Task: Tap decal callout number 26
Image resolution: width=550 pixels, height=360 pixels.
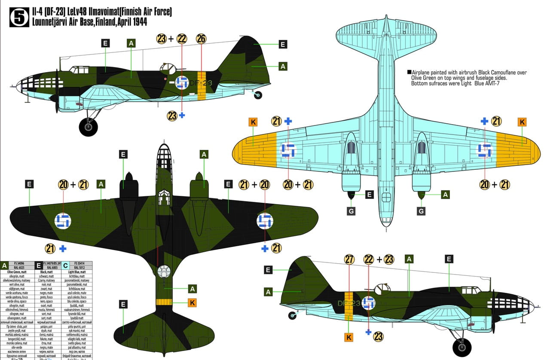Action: coord(201,39)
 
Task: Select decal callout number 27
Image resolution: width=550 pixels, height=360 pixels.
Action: coord(349,259)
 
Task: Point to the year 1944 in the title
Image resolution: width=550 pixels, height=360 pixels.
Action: coord(137,22)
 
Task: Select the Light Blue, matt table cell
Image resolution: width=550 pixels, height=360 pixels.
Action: coord(80,272)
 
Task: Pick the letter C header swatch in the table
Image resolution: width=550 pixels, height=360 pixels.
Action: coord(65,265)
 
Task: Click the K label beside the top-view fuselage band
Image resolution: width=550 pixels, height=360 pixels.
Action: coord(192,303)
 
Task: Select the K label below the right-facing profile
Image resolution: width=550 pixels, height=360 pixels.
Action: coord(349,337)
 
